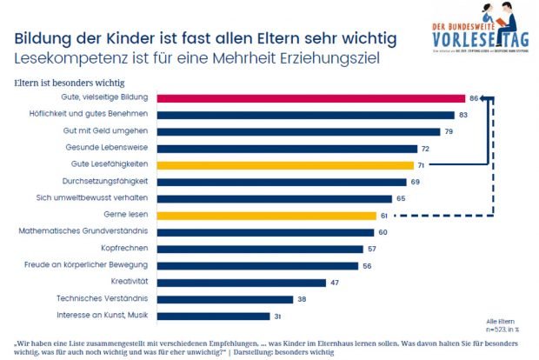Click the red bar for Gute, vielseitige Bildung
point(314,98)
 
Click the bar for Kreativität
point(243,283)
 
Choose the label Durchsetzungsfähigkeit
point(110,182)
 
